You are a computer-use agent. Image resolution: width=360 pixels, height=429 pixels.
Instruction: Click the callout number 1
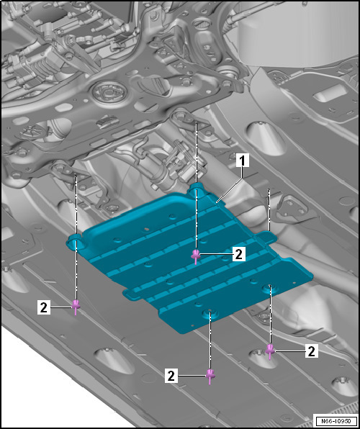click(x=243, y=161)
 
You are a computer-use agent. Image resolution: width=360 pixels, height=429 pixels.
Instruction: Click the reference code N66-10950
click(x=336, y=420)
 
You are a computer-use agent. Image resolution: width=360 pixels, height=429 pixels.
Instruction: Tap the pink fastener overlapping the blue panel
click(x=195, y=256)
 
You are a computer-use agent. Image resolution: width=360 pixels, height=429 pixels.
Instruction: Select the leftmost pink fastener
click(x=76, y=306)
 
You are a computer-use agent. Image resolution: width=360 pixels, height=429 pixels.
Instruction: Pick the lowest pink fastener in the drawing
click(x=210, y=376)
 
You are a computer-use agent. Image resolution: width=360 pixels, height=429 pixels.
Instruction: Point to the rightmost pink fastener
click(x=270, y=351)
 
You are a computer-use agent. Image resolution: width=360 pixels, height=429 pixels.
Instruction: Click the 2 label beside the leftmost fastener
click(x=44, y=307)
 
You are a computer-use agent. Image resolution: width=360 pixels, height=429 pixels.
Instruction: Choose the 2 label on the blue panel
click(x=239, y=254)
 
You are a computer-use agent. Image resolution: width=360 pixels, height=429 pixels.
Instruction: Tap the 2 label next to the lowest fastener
click(x=171, y=376)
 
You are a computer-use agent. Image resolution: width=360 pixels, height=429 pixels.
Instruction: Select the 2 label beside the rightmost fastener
click(x=312, y=351)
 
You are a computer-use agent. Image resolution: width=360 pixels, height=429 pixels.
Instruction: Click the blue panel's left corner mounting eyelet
click(x=74, y=240)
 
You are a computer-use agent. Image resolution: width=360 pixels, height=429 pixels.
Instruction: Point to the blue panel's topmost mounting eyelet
click(x=197, y=189)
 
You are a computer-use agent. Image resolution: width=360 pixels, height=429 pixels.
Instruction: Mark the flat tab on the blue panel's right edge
click(x=266, y=237)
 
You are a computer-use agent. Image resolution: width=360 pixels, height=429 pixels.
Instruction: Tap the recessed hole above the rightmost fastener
click(x=270, y=288)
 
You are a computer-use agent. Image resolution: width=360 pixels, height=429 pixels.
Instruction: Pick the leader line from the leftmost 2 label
click(x=61, y=307)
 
